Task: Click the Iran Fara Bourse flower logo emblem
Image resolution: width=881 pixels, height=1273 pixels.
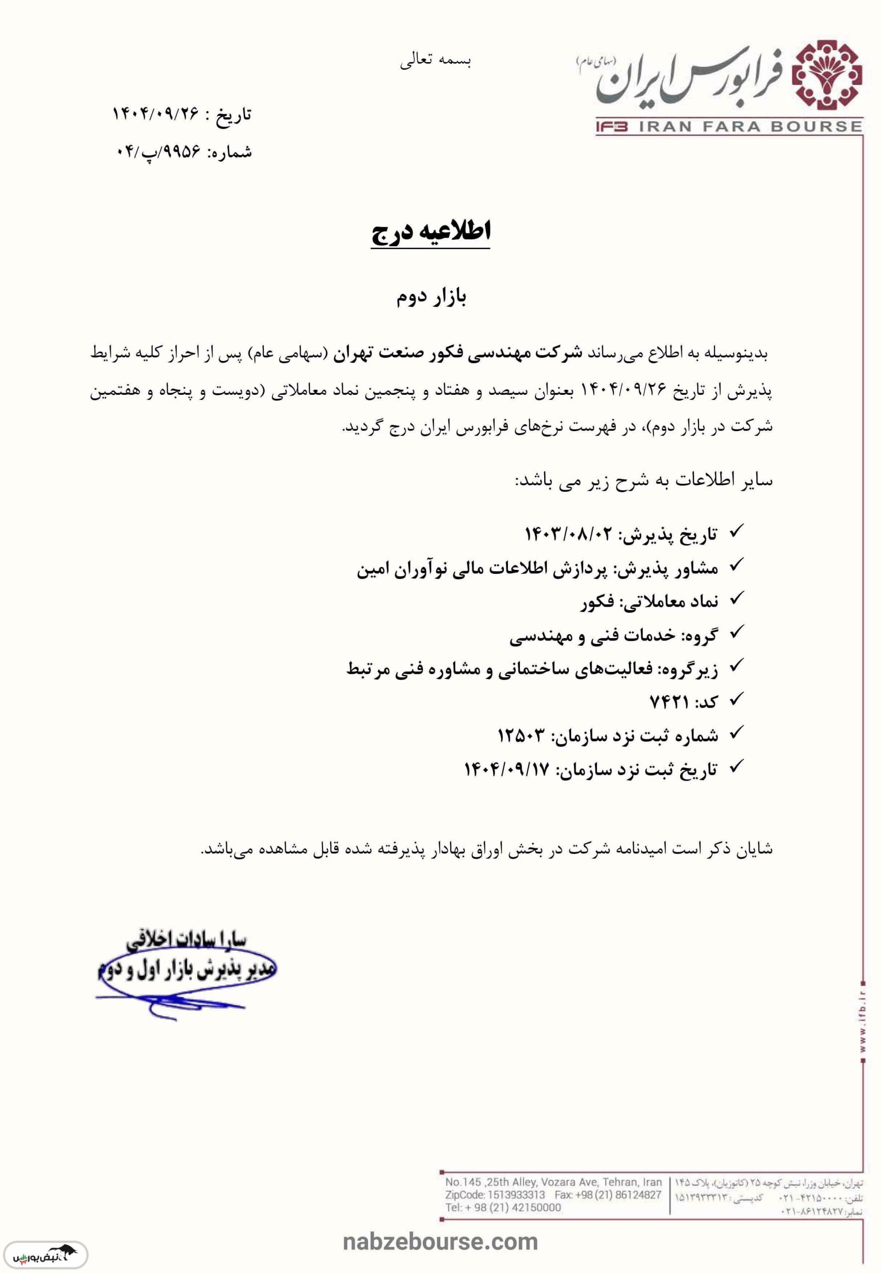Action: (826, 75)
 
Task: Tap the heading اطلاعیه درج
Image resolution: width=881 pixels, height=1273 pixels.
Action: (431, 232)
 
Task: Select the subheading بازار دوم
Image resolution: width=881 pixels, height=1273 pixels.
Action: (431, 297)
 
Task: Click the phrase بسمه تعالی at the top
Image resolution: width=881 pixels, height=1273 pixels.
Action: (436, 61)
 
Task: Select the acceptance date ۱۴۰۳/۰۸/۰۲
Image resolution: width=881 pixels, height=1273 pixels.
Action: (569, 534)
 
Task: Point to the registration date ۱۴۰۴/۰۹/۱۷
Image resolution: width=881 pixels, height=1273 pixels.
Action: (507, 769)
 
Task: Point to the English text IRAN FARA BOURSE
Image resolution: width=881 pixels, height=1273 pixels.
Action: (751, 126)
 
